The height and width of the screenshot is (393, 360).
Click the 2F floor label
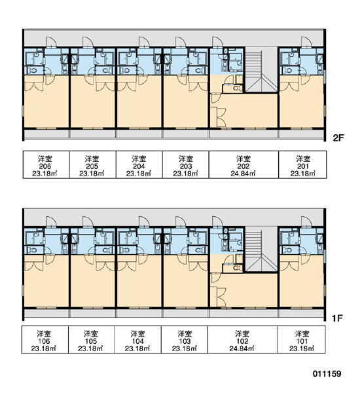[338, 138]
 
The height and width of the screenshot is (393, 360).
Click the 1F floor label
[337, 318]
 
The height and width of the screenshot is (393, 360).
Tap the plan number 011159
[327, 374]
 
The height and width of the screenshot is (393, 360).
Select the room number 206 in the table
[45, 166]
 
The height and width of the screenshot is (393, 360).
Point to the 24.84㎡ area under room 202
[243, 174]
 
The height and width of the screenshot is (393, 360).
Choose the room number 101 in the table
[302, 341]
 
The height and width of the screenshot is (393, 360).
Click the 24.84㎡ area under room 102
[242, 348]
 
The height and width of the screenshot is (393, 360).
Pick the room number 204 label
[139, 166]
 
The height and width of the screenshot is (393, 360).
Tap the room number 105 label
[91, 341]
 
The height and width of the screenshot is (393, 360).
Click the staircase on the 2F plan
[261, 71]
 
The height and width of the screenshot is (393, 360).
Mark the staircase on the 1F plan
[261, 250]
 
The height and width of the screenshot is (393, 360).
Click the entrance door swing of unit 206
[51, 42]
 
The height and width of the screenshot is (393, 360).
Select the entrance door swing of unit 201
[306, 42]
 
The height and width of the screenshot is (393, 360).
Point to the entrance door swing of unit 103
[181, 221]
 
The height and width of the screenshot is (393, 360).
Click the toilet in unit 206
[32, 71]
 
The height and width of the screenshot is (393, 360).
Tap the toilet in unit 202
[236, 88]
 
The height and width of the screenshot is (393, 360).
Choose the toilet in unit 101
[287, 250]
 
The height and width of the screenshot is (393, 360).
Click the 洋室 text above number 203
[186, 159]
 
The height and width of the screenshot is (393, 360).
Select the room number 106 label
[44, 341]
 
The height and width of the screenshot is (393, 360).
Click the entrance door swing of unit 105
[88, 221]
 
